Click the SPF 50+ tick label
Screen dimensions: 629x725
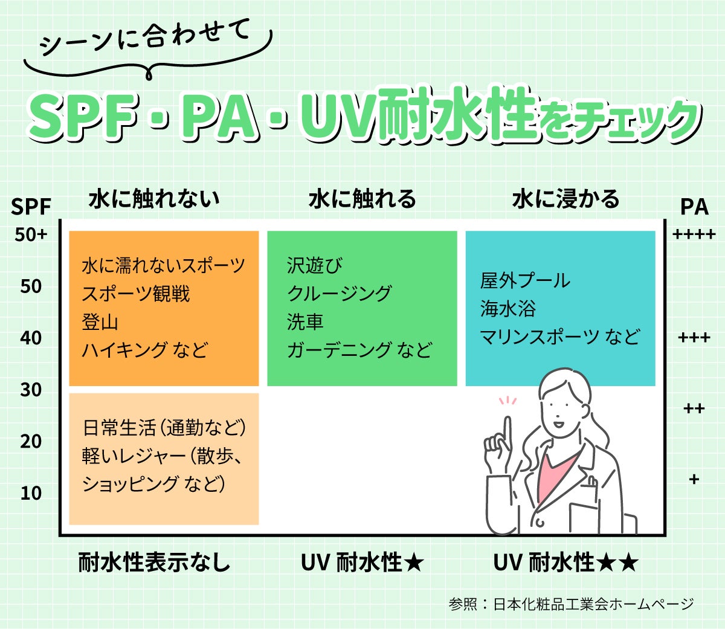(31, 234)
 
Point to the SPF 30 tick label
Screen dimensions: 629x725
(31, 390)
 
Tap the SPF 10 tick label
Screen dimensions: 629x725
(31, 493)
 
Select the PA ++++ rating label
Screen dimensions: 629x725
(694, 234)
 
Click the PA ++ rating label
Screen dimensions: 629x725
(694, 409)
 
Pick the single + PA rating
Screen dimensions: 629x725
(694, 479)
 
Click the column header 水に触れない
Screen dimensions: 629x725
(154, 199)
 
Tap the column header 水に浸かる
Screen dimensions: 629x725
(565, 199)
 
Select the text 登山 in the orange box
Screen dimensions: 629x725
(100, 322)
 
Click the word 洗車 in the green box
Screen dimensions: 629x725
(305, 322)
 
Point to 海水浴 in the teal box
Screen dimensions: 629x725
(507, 309)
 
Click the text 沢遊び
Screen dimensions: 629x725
(314, 265)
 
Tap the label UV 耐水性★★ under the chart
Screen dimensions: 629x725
(565, 563)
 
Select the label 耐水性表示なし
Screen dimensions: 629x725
(154, 563)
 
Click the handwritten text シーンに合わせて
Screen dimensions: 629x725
(145, 39)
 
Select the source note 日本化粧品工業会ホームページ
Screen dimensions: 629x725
(593, 604)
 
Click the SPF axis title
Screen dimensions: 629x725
(31, 207)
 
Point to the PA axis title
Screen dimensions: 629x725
(694, 207)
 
